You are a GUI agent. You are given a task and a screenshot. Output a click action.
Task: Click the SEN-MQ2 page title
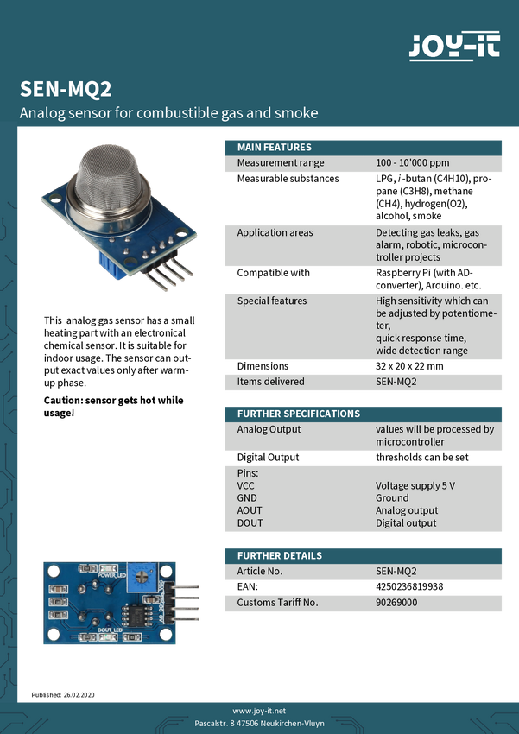click(x=66, y=90)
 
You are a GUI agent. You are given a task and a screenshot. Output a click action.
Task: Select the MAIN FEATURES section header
click(x=275, y=147)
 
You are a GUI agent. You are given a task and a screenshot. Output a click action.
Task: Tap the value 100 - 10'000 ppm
click(x=413, y=162)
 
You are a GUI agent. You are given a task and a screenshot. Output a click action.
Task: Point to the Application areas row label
click(x=275, y=232)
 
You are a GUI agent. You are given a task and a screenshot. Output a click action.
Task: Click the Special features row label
click(x=272, y=301)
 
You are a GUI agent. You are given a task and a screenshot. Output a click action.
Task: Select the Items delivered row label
click(x=271, y=381)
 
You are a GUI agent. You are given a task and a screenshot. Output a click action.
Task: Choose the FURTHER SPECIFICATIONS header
click(x=299, y=414)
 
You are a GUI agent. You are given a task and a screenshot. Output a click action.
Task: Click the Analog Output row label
click(x=269, y=429)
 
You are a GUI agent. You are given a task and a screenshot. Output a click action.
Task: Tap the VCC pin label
click(x=246, y=485)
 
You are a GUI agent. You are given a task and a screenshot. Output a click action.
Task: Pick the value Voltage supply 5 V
click(x=415, y=485)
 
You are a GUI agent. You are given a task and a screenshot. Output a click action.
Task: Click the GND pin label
click(x=247, y=498)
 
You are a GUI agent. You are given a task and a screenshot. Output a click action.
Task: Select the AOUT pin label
click(x=249, y=510)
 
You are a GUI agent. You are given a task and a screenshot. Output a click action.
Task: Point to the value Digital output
click(x=406, y=522)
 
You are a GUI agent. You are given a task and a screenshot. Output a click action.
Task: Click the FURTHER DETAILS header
click(x=280, y=555)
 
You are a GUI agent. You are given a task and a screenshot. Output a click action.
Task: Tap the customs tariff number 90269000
click(x=396, y=602)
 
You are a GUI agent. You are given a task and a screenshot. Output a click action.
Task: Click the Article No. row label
click(x=260, y=571)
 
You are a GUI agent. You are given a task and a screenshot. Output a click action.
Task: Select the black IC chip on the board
click(x=135, y=616)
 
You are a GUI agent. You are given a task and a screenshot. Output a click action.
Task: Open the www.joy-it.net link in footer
click(x=259, y=709)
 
